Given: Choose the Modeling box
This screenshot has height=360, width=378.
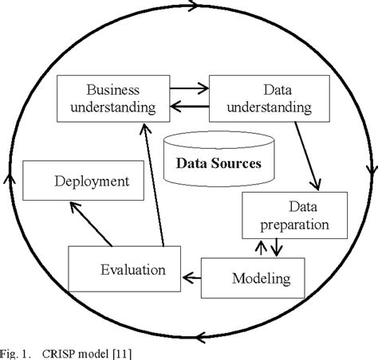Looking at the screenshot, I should click(251, 278).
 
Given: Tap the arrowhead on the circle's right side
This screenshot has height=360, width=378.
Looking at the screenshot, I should click(370, 170).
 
